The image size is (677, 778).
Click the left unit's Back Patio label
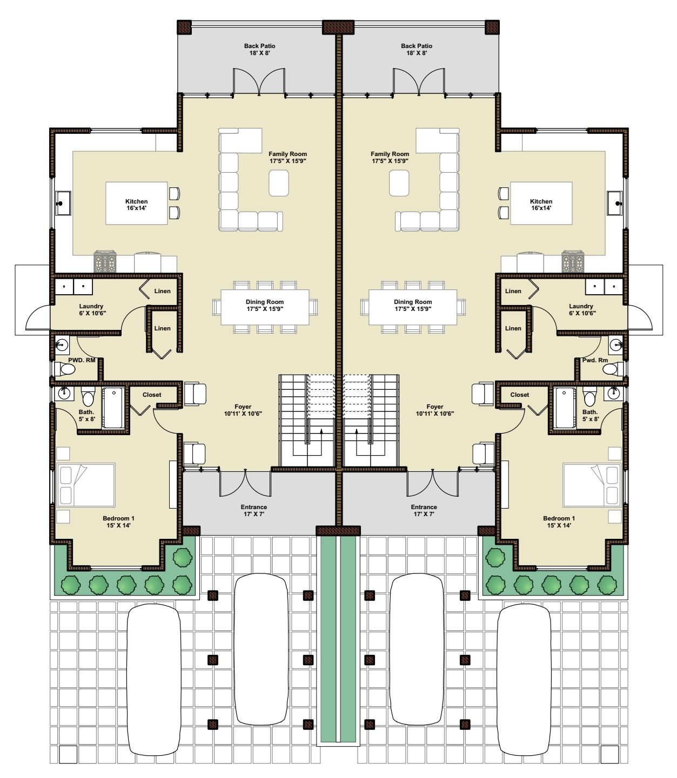(x=259, y=50)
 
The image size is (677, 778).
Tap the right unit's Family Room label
(x=390, y=157)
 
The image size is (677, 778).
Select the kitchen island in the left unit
(x=136, y=203)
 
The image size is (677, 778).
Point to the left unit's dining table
(x=265, y=307)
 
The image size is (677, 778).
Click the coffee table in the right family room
(x=399, y=183)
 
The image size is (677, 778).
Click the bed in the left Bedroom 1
(x=85, y=485)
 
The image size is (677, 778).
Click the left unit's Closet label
(x=152, y=395)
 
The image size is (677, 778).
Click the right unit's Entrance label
(x=424, y=510)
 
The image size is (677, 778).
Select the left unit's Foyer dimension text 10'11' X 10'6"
(x=243, y=414)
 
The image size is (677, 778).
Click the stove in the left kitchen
(x=105, y=261)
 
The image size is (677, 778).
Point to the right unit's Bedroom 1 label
(x=559, y=522)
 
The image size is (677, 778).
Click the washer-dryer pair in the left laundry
(x=74, y=287)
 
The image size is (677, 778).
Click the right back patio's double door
(x=419, y=81)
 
